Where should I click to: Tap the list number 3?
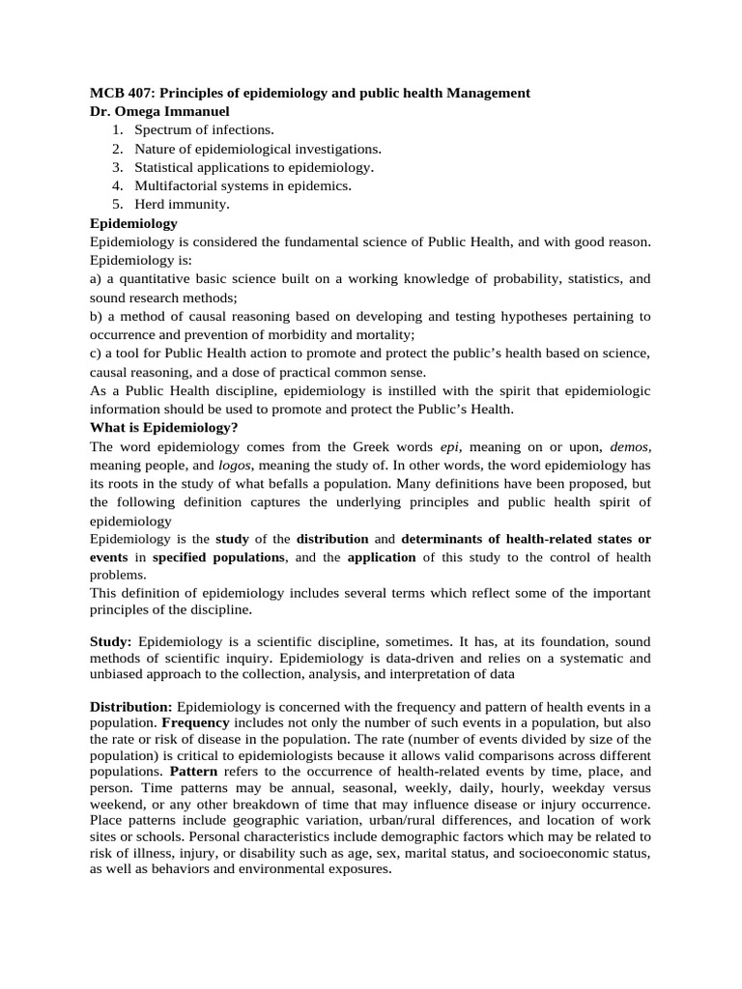click(116, 167)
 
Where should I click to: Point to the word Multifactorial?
click(176, 185)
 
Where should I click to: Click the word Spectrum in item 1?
click(162, 130)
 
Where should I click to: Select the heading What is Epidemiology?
click(163, 427)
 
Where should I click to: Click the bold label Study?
click(112, 641)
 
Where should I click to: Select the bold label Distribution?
click(131, 707)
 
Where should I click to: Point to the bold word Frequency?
click(195, 722)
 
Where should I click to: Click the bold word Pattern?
click(192, 772)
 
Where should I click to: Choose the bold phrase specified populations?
click(218, 557)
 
